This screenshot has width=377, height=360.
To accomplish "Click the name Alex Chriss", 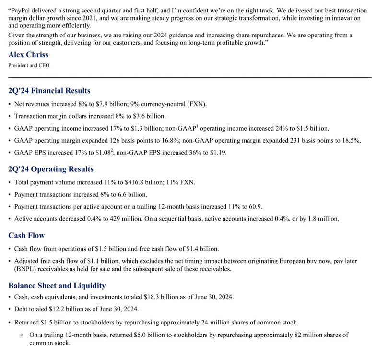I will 28,54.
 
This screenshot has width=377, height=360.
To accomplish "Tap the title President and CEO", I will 29,65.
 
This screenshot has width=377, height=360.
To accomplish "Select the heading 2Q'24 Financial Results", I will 49,91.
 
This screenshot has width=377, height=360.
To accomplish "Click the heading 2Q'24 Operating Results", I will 51,169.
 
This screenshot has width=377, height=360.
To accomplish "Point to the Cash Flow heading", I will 26,235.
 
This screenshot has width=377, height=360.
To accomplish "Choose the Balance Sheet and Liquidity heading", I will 57,286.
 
